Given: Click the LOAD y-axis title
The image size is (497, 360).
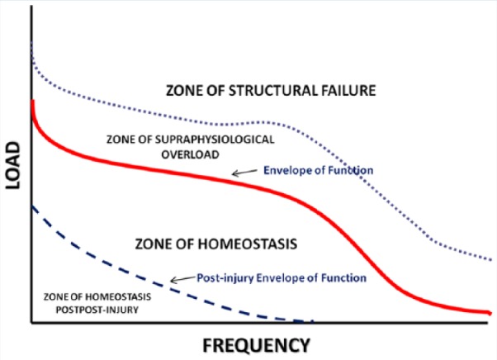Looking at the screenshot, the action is (13, 165).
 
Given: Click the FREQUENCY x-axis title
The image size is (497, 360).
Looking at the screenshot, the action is (256, 345).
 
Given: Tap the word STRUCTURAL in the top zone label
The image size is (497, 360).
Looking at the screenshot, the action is (273, 91).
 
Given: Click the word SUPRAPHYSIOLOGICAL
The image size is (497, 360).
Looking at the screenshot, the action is (215, 140).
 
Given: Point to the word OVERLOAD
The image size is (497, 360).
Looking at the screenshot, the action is (190, 154).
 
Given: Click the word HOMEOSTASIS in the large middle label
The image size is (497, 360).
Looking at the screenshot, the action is (248, 244).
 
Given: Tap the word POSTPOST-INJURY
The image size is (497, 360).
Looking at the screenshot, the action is (97, 310).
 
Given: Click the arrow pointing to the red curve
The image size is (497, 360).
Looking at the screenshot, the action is (244, 173).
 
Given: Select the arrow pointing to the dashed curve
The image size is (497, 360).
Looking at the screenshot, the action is (183, 279).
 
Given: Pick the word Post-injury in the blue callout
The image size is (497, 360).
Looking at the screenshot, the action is (225, 278).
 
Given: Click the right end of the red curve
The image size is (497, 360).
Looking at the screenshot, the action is (490, 313).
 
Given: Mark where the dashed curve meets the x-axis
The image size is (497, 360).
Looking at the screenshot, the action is (312, 322).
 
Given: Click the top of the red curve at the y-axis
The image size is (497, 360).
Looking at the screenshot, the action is (32, 101).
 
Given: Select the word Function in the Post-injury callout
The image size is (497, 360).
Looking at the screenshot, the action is (344, 278).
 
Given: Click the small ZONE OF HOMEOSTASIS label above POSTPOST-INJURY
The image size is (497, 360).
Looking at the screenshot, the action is (97, 297).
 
